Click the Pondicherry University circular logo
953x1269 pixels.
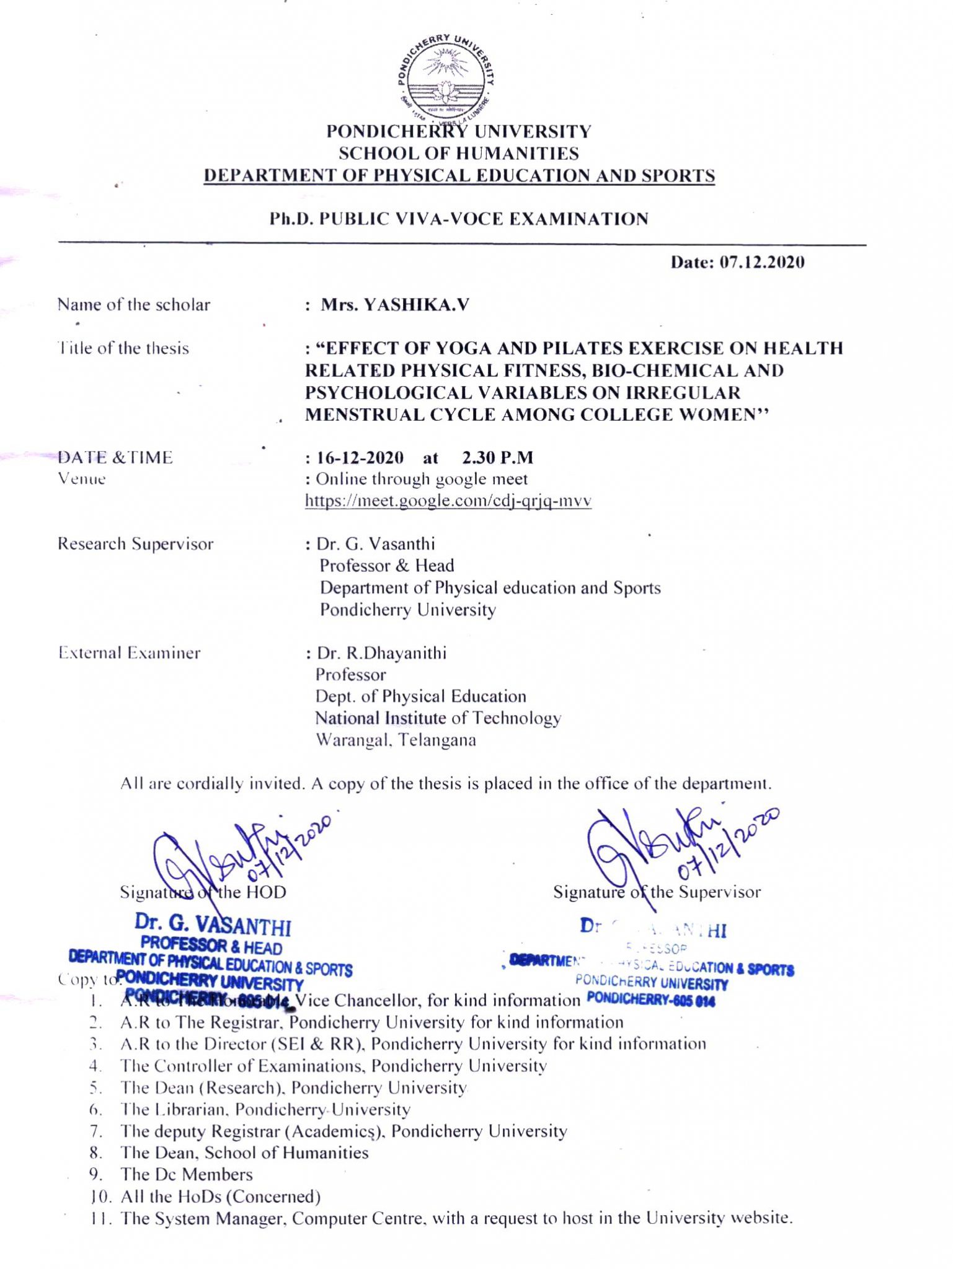[x=446, y=77]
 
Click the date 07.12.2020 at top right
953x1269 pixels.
[x=737, y=262]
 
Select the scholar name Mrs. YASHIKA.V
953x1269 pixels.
[x=395, y=305]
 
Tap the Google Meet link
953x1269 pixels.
[x=448, y=501]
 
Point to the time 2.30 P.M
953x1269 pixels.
[x=497, y=458]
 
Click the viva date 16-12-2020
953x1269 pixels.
[x=360, y=458]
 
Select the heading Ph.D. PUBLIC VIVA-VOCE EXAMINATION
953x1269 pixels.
[x=459, y=219]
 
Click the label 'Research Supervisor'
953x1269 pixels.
[x=135, y=544]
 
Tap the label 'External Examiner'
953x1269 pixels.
[x=130, y=653]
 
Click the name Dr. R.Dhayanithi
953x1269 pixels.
[x=381, y=653]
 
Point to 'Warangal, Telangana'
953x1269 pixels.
[x=396, y=740]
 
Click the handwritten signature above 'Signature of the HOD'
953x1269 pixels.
[x=236, y=855]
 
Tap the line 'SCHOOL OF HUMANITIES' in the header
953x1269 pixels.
[x=459, y=154]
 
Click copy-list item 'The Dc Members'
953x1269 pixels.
[x=187, y=1175]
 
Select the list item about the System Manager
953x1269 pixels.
[x=456, y=1218]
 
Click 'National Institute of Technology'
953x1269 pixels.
[x=438, y=718]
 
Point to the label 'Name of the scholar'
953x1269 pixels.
[x=134, y=305]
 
